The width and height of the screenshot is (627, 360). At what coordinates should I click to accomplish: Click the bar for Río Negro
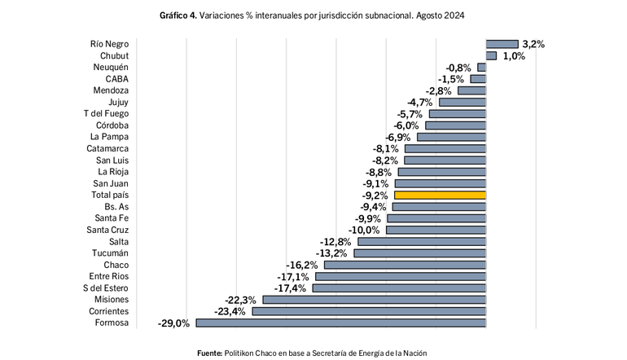pyautogui.click(x=502, y=44)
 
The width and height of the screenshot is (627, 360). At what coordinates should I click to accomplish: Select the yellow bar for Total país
pyautogui.click(x=440, y=195)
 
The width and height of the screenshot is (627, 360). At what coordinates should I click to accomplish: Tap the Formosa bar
pyautogui.click(x=340, y=323)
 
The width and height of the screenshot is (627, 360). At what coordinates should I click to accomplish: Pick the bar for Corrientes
pyautogui.click(x=369, y=311)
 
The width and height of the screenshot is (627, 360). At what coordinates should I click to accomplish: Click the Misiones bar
pyautogui.click(x=374, y=300)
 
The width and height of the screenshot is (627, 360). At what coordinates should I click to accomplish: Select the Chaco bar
pyautogui.click(x=405, y=265)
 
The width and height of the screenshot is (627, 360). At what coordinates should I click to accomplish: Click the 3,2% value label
pyautogui.click(x=533, y=44)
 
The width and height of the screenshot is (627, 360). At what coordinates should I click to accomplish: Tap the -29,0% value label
pyautogui.click(x=173, y=323)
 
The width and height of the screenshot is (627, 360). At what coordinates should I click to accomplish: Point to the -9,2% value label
pyautogui.click(x=375, y=195)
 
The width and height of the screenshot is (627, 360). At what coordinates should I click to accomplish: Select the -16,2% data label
pyautogui.click(x=302, y=266)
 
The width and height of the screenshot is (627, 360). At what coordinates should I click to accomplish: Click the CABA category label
pyautogui.click(x=116, y=79)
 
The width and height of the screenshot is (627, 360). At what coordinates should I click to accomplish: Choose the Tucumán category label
pyautogui.click(x=110, y=253)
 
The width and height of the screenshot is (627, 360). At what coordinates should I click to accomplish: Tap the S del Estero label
pyautogui.click(x=105, y=288)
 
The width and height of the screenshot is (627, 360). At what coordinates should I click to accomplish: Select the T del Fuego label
pyautogui.click(x=106, y=114)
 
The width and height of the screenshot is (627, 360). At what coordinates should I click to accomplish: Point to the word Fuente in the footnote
pyautogui.click(x=210, y=352)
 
